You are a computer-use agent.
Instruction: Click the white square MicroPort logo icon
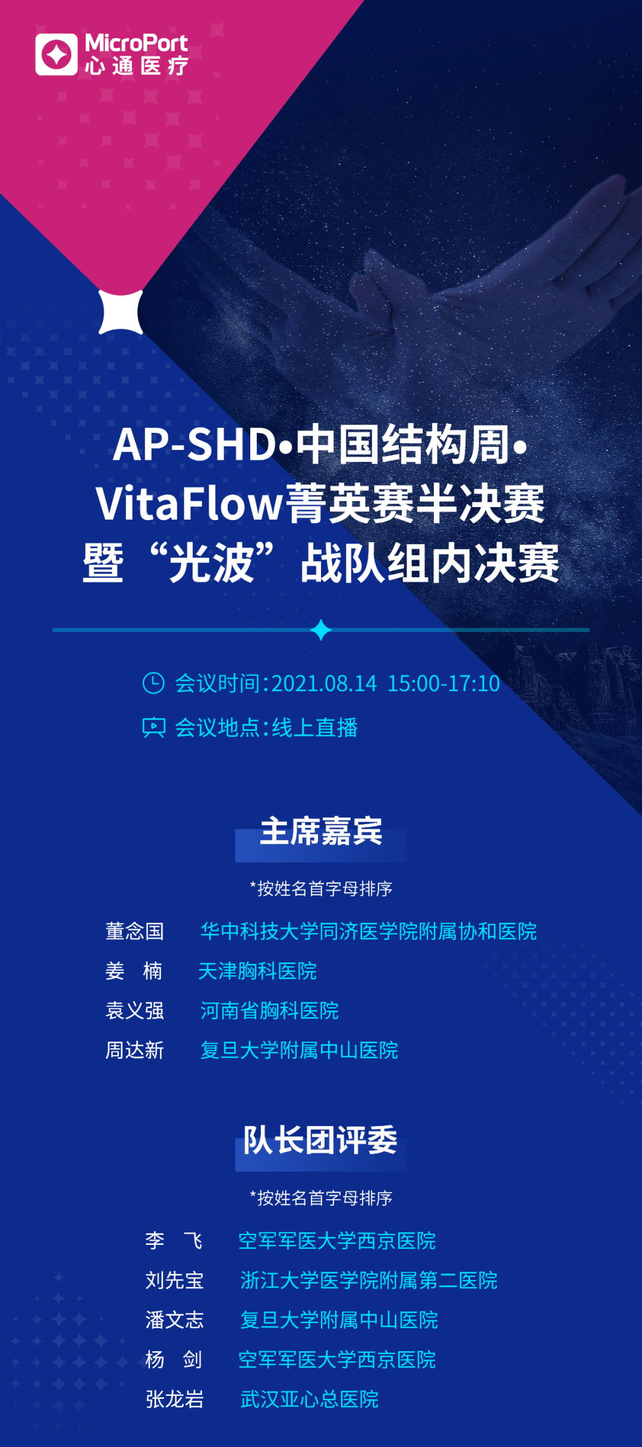pyautogui.click(x=56, y=55)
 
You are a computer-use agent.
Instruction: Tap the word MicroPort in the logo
pyautogui.click(x=136, y=43)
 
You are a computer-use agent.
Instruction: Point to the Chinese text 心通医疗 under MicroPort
pyautogui.click(x=136, y=66)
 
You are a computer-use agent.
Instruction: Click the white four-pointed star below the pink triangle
pyautogui.click(x=121, y=312)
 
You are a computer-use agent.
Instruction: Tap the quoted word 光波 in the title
pyautogui.click(x=212, y=563)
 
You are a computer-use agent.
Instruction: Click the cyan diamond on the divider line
pyautogui.click(x=321, y=630)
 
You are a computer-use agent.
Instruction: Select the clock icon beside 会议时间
pyautogui.click(x=153, y=683)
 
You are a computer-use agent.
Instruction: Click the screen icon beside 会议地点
pyautogui.click(x=153, y=727)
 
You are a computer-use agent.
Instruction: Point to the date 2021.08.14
pyautogui.click(x=324, y=684)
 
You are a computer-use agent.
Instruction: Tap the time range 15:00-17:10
pyautogui.click(x=443, y=684)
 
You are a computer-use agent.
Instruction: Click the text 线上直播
pyautogui.click(x=315, y=728)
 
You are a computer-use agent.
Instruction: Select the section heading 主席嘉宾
pyautogui.click(x=321, y=831)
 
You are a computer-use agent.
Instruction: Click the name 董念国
pyautogui.click(x=134, y=931)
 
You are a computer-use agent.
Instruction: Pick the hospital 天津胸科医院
pyautogui.click(x=257, y=971)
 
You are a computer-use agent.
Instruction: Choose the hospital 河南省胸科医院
pyautogui.click(x=269, y=1011)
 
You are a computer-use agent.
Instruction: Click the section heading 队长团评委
pyautogui.click(x=321, y=1140)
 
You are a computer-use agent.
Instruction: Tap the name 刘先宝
pyautogui.click(x=174, y=1280)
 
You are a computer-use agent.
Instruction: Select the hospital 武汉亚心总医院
pyautogui.click(x=309, y=1399)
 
